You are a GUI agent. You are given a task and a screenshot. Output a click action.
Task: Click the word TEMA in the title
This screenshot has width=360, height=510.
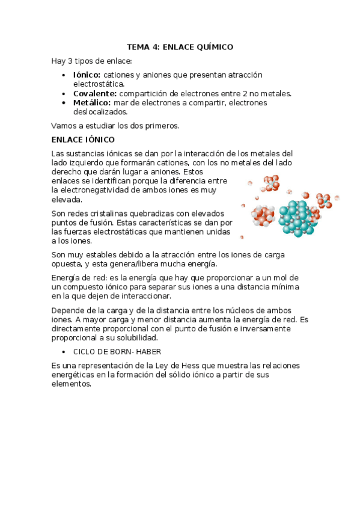coord(138,47)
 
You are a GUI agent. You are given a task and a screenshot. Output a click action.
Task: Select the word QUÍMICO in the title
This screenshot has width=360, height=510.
coord(213,47)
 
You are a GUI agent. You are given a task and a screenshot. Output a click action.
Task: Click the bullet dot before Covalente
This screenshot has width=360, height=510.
coord(65,94)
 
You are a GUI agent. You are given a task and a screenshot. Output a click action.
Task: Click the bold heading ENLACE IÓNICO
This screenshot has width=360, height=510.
coord(83,140)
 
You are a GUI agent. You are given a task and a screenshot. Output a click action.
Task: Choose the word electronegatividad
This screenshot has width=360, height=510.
coord(102,190)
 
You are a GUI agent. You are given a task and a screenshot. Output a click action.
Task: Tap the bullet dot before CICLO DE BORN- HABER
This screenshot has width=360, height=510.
coord(65,352)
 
